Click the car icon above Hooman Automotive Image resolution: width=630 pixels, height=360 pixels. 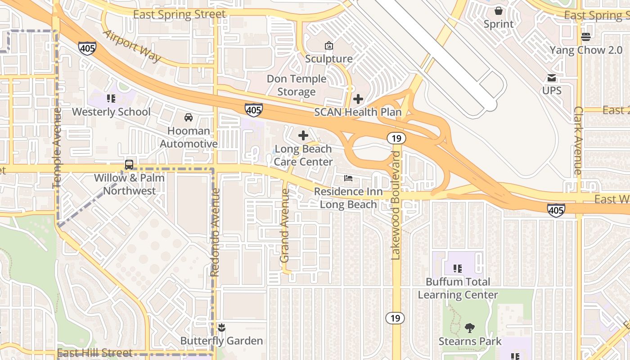pyautogui.click(x=189, y=117)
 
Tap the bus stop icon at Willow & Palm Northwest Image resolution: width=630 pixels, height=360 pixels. pyautogui.click(x=129, y=164)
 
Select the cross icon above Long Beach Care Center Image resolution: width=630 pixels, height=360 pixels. pyautogui.click(x=303, y=135)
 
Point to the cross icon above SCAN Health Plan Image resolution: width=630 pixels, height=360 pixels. pyautogui.click(x=358, y=99)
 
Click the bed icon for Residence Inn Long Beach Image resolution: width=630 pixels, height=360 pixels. pyautogui.click(x=348, y=178)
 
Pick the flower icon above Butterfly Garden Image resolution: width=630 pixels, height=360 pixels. pyautogui.click(x=221, y=327)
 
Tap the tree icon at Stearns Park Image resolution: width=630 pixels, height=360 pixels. pyautogui.click(x=470, y=328)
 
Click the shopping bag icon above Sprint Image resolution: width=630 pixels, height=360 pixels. pyautogui.click(x=499, y=10)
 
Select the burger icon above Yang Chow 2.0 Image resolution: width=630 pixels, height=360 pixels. pyautogui.click(x=585, y=36)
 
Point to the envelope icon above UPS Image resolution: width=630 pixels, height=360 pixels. pyautogui.click(x=551, y=77)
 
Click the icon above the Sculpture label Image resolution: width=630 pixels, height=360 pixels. pyautogui.click(x=329, y=45)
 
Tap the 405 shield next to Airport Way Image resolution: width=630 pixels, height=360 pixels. pyautogui.click(x=87, y=48)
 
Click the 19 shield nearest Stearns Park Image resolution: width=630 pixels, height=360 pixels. pyautogui.click(x=395, y=318)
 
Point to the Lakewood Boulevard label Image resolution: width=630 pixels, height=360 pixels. pyautogui.click(x=396, y=205)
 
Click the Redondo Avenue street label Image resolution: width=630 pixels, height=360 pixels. pyautogui.click(x=215, y=232)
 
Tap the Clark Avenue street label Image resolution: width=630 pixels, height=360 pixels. pyautogui.click(x=578, y=140)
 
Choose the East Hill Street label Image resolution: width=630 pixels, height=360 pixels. pyautogui.click(x=95, y=353)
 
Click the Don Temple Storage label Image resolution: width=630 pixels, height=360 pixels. pyautogui.click(x=296, y=85)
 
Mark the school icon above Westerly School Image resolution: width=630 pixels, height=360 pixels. pyautogui.click(x=111, y=98)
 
